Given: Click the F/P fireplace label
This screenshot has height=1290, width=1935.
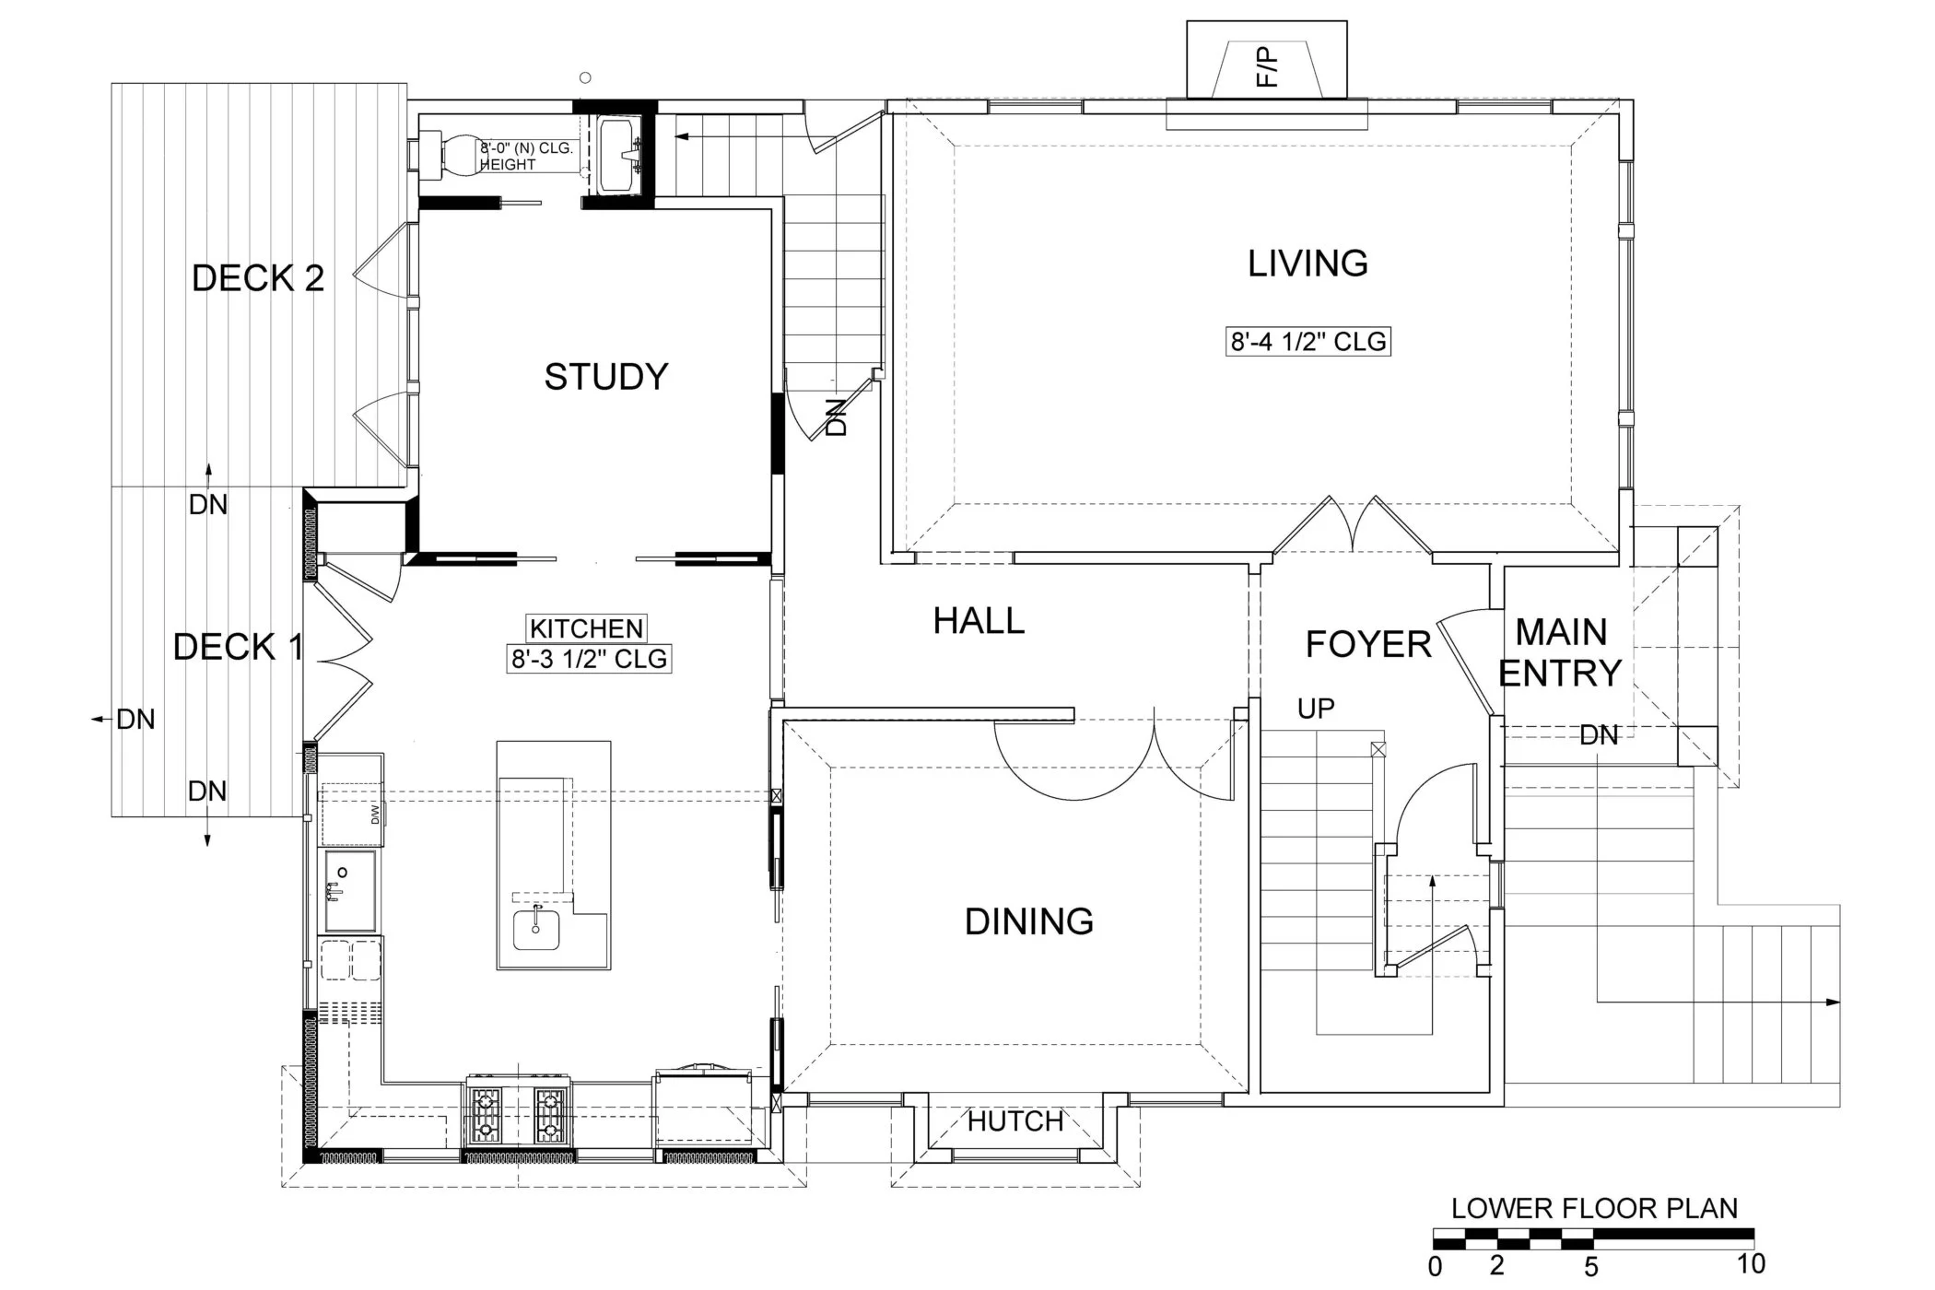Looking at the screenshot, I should click(1268, 67).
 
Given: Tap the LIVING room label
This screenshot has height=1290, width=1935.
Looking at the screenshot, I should click(1307, 264).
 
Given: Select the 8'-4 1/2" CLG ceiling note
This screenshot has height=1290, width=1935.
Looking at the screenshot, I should click(1308, 342).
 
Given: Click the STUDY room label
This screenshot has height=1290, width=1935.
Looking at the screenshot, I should click(605, 377).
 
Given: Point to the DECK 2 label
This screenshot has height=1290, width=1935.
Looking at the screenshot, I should click(258, 278).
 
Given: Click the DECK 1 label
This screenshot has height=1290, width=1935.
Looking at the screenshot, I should click(238, 647).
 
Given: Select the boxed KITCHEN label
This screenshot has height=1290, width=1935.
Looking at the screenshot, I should click(586, 628).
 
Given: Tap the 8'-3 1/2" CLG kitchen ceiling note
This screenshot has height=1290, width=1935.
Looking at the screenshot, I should click(589, 659).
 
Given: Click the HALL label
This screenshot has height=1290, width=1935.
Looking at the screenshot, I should click(979, 621).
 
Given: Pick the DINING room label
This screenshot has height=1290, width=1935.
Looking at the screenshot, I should click(1028, 921).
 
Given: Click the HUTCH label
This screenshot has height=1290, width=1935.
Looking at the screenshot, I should click(1015, 1121).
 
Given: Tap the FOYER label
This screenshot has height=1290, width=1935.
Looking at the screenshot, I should click(1368, 644).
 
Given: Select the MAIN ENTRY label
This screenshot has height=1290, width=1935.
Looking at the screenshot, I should click(1560, 652).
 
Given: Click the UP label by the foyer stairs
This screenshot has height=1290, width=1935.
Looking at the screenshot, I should click(1316, 709).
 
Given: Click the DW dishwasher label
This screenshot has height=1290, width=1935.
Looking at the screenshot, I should click(375, 815).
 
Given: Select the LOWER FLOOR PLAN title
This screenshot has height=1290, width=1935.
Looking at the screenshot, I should click(1594, 1209).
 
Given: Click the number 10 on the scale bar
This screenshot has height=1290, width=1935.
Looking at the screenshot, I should click(1751, 1263).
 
